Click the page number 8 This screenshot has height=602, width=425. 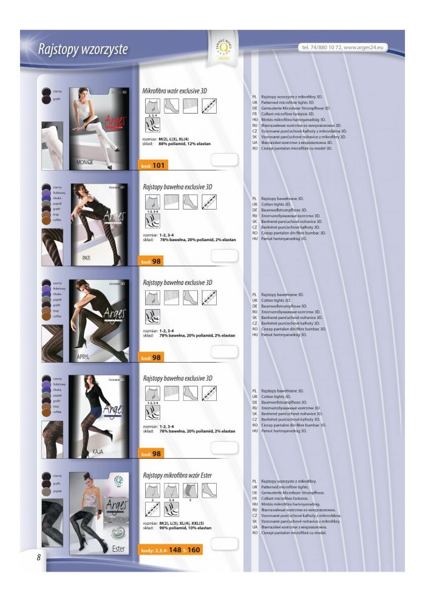pos(38,557)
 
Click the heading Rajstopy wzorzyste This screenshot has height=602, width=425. pos(83,49)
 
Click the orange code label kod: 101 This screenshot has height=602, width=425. pos(153,165)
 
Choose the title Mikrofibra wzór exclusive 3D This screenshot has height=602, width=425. pos(175,91)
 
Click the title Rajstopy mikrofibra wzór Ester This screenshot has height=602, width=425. pos(177,474)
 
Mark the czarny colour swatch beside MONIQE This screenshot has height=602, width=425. pos(46,92)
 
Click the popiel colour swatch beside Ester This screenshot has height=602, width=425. pos(46,490)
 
